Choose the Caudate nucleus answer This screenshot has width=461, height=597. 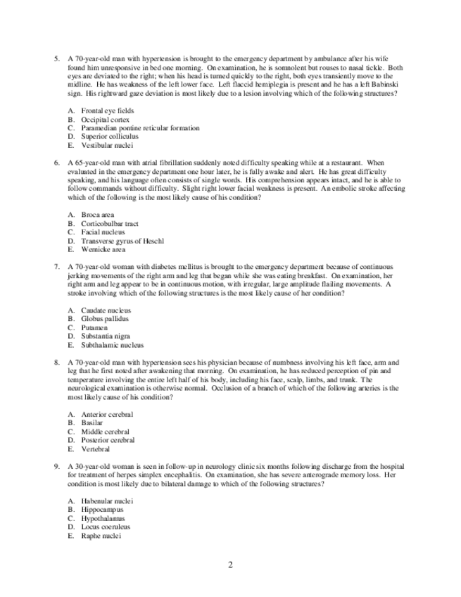tap(106, 310)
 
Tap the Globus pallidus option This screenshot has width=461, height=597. tap(105, 319)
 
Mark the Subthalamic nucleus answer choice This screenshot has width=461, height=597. tap(113, 345)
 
